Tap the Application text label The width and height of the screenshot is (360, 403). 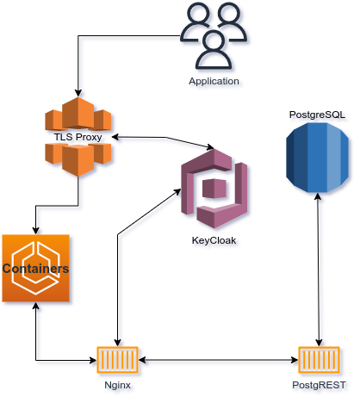point(214,81)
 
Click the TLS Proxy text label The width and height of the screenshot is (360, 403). point(78,137)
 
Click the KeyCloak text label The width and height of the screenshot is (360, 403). point(214,240)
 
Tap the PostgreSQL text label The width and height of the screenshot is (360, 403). point(319,114)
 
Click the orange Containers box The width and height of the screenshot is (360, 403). point(35,268)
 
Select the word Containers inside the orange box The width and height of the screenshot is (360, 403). point(35,269)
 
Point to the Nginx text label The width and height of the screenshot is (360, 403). point(117,385)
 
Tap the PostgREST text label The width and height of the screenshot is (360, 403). point(320,385)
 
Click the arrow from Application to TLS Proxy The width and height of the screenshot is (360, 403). point(78,60)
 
